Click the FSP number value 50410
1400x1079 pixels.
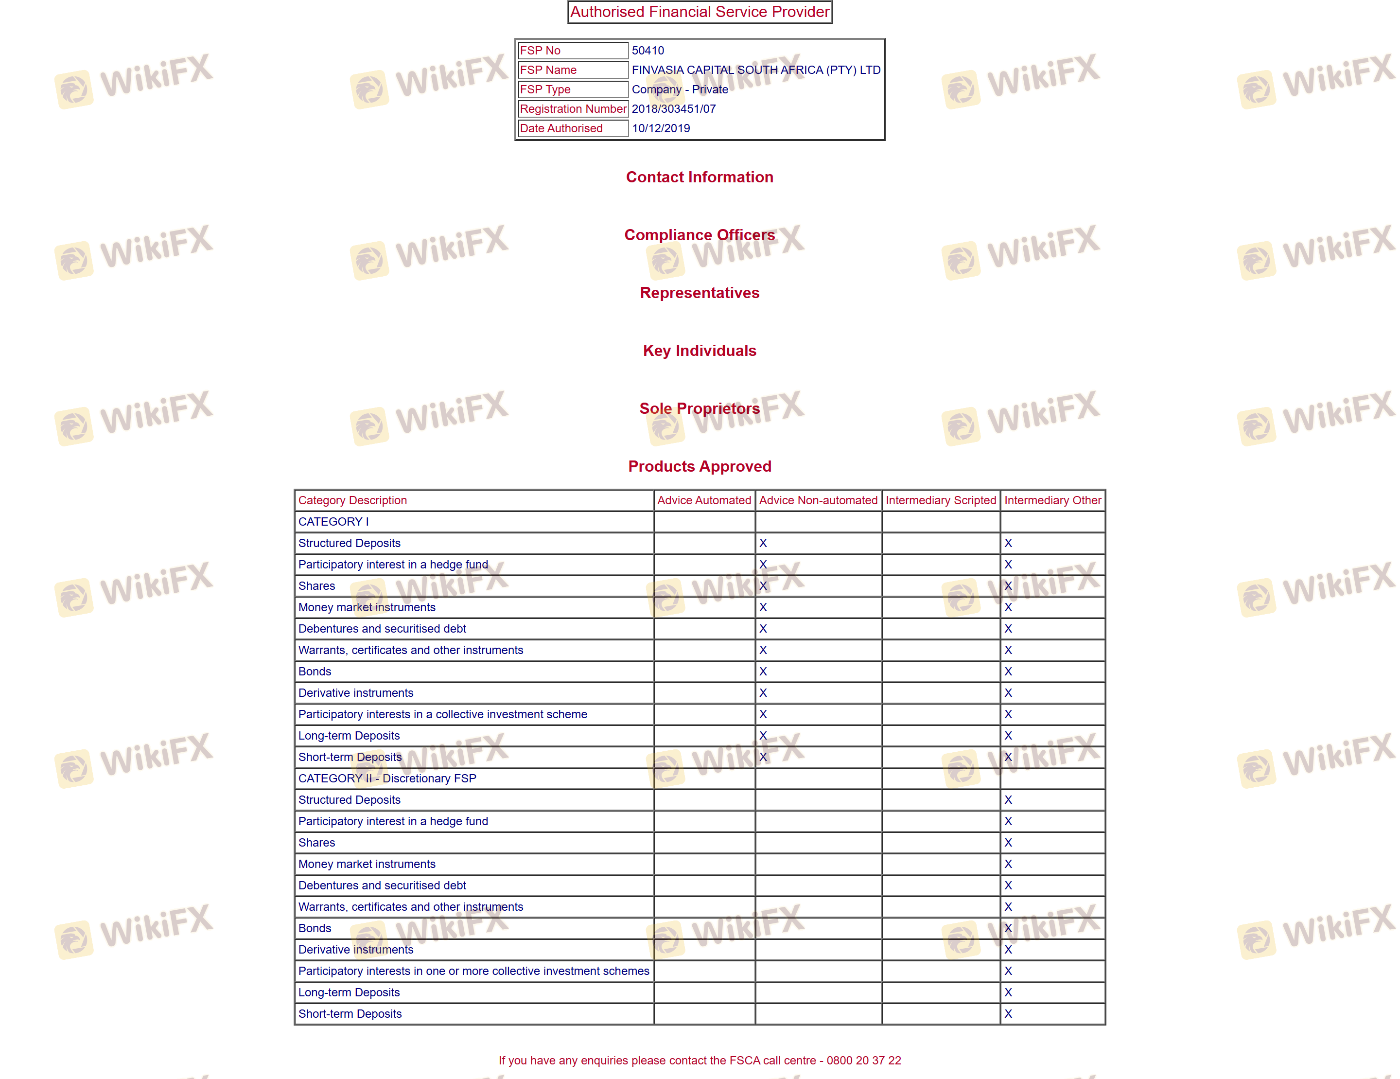tap(647, 51)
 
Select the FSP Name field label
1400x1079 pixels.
tap(548, 70)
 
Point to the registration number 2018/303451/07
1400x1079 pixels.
tap(673, 109)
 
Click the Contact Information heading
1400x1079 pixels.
tap(700, 177)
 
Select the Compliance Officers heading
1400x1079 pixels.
tap(700, 235)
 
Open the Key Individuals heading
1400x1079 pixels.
tap(700, 351)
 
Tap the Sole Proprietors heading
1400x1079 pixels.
tap(700, 408)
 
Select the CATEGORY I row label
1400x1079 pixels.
tap(333, 522)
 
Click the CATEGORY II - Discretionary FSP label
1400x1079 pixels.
tap(387, 778)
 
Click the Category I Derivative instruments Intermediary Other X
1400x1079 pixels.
tap(1008, 693)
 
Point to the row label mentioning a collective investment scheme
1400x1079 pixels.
tap(442, 714)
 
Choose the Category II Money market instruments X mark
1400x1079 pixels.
tap(1008, 864)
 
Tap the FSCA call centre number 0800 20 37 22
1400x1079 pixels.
tap(863, 1061)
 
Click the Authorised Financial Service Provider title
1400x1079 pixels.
tap(700, 12)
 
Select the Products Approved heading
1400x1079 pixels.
tap(700, 467)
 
